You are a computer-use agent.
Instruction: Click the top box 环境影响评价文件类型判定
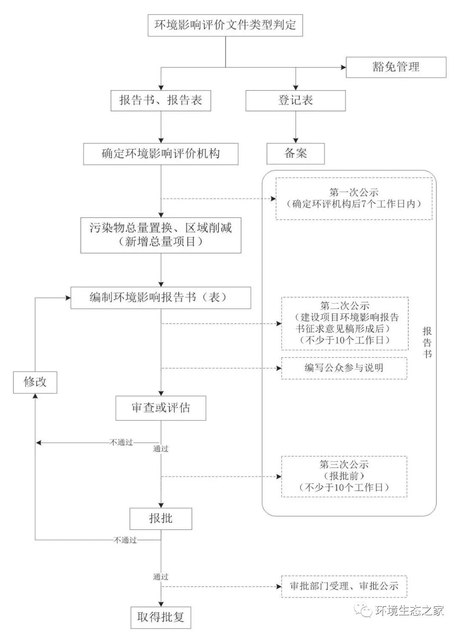click(x=225, y=25)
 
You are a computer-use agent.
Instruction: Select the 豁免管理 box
click(x=396, y=67)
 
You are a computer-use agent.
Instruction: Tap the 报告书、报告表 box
click(x=161, y=101)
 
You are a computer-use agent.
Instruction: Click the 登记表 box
click(x=295, y=101)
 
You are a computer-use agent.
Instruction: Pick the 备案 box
click(x=295, y=153)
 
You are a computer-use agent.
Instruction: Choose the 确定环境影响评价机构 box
click(x=161, y=154)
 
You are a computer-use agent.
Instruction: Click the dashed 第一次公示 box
click(x=354, y=198)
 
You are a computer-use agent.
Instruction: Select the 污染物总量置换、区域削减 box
click(x=161, y=235)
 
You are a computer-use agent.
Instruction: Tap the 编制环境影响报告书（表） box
click(x=161, y=298)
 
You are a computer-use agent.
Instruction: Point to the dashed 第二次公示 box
click(x=344, y=323)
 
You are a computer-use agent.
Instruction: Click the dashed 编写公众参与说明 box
click(x=344, y=368)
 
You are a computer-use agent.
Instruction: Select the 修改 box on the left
click(x=35, y=382)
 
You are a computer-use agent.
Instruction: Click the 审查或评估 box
click(x=161, y=408)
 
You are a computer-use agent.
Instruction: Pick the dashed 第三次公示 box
click(x=344, y=476)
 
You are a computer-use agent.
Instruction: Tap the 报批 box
click(x=161, y=518)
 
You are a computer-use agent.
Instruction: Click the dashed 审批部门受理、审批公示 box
click(x=344, y=586)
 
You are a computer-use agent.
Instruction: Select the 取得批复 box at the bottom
click(x=161, y=617)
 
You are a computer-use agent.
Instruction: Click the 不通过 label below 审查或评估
click(x=122, y=442)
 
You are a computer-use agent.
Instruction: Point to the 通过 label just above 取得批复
click(x=161, y=577)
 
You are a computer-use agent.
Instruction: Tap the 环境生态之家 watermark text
click(x=410, y=611)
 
